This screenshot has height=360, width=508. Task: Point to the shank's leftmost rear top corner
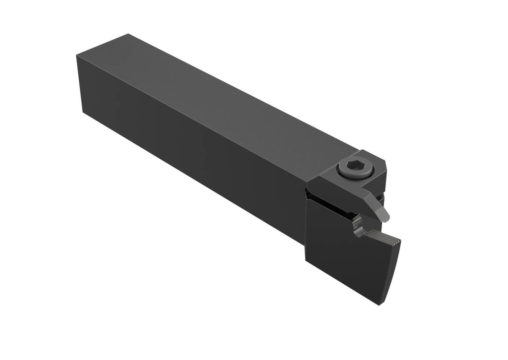[x=77, y=56]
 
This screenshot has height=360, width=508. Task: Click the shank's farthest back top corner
[x=128, y=34]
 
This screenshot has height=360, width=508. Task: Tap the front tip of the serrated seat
[x=400, y=241]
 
